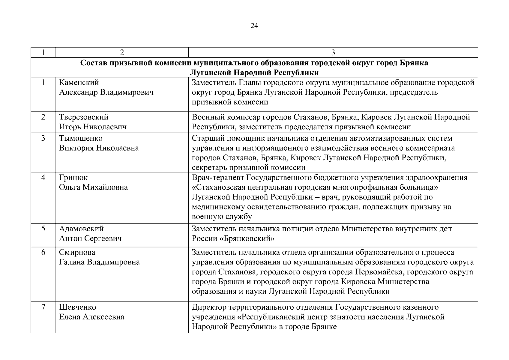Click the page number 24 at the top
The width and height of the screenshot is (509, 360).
254,26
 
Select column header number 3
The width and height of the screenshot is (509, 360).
333,52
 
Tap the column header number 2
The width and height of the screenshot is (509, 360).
122,52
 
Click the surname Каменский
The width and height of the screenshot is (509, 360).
79,82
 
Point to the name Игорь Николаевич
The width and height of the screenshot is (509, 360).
93,127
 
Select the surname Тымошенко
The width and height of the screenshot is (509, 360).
81,138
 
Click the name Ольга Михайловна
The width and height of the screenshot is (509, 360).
93,187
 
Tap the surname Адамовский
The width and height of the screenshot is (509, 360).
81,229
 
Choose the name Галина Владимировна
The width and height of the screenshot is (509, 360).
99,262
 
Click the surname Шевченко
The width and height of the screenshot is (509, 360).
78,307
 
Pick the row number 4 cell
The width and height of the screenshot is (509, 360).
43,178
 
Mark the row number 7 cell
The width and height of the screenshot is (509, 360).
43,307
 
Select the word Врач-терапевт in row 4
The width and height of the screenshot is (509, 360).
218,178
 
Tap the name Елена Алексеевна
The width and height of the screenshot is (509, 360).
91,317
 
